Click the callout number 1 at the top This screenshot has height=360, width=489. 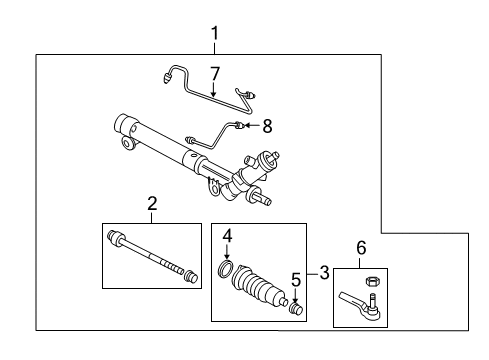[213, 35]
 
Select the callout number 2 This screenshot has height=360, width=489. [152, 205]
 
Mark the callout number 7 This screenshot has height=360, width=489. [213, 72]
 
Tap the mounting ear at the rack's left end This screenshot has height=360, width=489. [127, 146]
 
